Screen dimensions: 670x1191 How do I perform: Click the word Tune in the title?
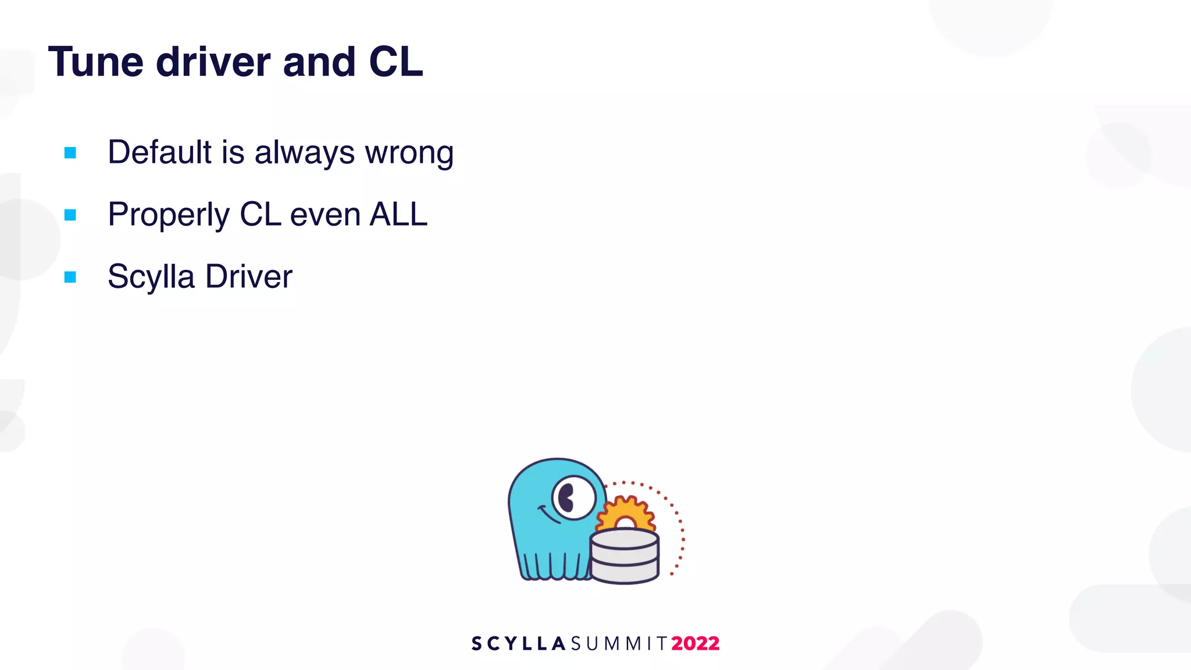[x=95, y=62]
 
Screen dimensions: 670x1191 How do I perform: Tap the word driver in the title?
[x=213, y=62]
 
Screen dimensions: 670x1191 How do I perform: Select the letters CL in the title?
[x=395, y=62]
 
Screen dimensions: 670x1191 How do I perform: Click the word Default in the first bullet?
[x=160, y=152]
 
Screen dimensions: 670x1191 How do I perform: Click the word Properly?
[x=169, y=215]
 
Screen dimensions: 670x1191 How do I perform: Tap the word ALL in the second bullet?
[x=398, y=214]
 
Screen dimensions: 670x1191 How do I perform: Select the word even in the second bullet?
[x=325, y=215]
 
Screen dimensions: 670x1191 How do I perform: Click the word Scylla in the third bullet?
[x=151, y=277]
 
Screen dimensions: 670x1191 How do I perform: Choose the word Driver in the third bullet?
[x=248, y=276]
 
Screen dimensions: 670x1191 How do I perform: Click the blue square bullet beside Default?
[x=70, y=153]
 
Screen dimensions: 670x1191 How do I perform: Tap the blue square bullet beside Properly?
[x=70, y=215]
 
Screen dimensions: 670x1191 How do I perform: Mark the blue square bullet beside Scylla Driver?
[x=70, y=277]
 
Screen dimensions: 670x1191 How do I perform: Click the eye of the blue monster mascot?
[x=573, y=498]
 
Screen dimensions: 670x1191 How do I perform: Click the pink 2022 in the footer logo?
[x=695, y=643]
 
